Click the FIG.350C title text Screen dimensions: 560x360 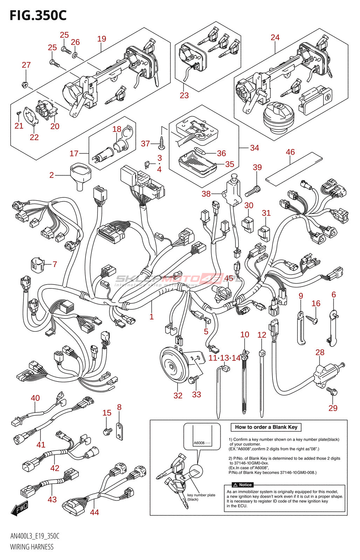(x=38, y=15)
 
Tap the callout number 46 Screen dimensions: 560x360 (x=290, y=152)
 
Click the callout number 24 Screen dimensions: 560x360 (x=275, y=37)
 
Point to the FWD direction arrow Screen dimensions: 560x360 (x=19, y=509)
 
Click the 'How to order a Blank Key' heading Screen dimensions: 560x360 (x=266, y=427)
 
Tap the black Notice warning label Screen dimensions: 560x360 (x=243, y=485)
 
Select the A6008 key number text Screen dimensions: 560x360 (x=199, y=443)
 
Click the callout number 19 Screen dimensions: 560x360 (x=102, y=39)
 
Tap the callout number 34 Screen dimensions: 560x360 (x=255, y=148)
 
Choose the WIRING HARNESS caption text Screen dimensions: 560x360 (x=32, y=547)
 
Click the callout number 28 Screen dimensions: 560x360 (x=320, y=352)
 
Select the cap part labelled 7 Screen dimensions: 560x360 (x=37, y=265)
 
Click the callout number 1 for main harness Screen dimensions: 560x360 (x=151, y=317)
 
